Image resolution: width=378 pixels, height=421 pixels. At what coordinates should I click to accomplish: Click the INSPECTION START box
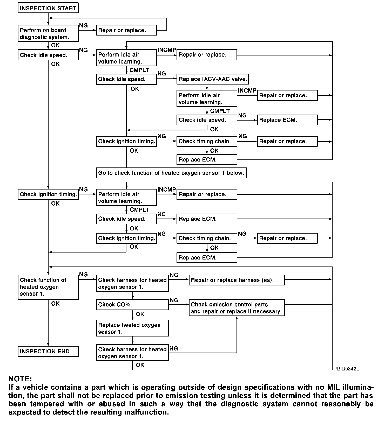tap(48, 8)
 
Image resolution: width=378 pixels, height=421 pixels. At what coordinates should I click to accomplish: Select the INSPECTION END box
tap(48, 352)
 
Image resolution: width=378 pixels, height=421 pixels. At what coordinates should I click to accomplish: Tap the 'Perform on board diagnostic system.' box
tap(48, 33)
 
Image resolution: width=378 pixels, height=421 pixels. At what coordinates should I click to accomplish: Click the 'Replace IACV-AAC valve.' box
tap(212, 79)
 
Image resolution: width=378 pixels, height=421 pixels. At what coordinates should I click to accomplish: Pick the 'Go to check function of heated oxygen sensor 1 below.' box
tap(171, 173)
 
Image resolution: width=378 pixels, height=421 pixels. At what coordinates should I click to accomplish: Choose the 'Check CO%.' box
tap(132, 305)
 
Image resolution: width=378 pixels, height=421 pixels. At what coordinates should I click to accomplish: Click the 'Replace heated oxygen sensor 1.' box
tap(132, 328)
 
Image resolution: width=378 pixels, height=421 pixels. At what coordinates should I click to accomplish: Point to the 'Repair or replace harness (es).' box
tap(237, 280)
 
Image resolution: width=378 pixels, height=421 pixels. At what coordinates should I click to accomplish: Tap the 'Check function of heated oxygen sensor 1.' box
tap(48, 287)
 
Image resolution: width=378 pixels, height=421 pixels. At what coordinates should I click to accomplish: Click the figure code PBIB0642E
tap(346, 369)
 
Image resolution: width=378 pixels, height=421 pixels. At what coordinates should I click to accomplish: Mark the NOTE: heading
tap(20, 379)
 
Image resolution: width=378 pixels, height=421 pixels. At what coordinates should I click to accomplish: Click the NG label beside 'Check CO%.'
tap(174, 300)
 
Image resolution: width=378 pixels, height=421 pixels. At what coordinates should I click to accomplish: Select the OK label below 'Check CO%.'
tap(140, 314)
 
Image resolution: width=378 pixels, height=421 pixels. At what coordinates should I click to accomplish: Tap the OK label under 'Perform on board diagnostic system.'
tap(55, 45)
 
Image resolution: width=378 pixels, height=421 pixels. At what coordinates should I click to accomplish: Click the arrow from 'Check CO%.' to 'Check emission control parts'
tap(179, 305)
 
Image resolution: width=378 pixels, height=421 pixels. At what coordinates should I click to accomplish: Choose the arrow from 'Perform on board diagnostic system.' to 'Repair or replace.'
tap(87, 30)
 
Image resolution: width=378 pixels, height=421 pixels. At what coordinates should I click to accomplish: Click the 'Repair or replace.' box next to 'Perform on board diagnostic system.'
tap(126, 30)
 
